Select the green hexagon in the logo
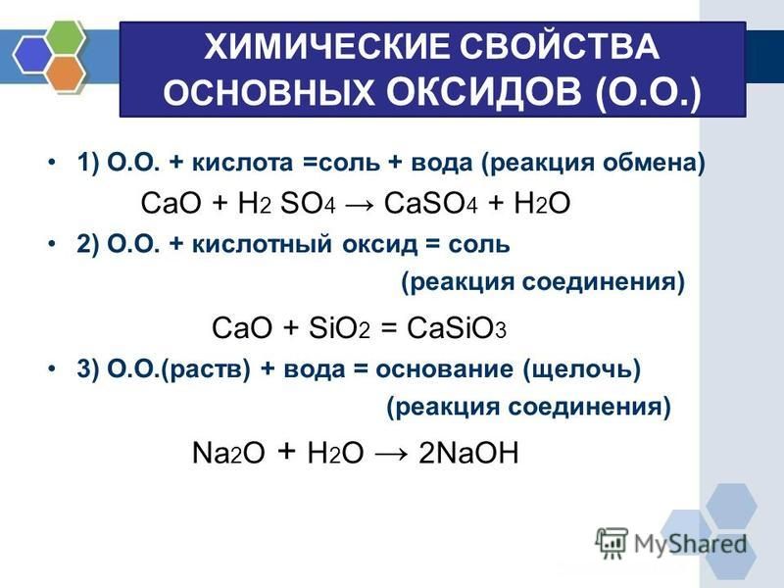click(x=65, y=36)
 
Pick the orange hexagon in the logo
click(x=67, y=73)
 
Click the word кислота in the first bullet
click(x=242, y=163)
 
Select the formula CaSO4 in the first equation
click(x=430, y=204)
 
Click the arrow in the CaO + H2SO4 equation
click(x=359, y=205)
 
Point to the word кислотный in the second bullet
click(x=262, y=244)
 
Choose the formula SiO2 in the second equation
click(x=339, y=328)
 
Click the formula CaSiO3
click(x=457, y=328)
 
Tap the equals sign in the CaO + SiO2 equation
click(x=388, y=329)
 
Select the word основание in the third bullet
click(x=444, y=369)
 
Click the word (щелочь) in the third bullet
click(x=582, y=370)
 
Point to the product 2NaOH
click(x=468, y=453)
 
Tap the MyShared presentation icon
click(x=611, y=543)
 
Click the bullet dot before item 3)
click(x=51, y=369)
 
